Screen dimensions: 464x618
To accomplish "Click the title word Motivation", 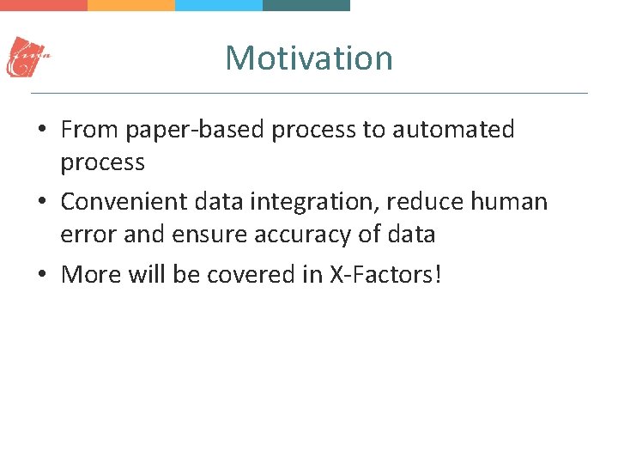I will pyautogui.click(x=309, y=58).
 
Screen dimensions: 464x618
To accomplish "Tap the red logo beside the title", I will pyautogui.click(x=28, y=58).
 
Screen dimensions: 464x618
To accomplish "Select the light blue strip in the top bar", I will pyautogui.click(x=219, y=5).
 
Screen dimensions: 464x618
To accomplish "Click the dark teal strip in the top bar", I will pyautogui.click(x=306, y=5).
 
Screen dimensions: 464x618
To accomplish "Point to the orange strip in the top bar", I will pyautogui.click(x=131, y=5).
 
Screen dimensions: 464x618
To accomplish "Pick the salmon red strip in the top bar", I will pyautogui.click(x=44, y=5).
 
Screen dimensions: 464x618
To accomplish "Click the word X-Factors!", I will pyautogui.click(x=385, y=274).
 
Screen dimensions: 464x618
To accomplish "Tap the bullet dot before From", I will pyautogui.click(x=41, y=131).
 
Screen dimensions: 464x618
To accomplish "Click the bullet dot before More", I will pyautogui.click(x=41, y=275).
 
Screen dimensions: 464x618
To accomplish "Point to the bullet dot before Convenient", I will pyautogui.click(x=41, y=203).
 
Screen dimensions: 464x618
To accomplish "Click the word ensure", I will pyautogui.click(x=207, y=235).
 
